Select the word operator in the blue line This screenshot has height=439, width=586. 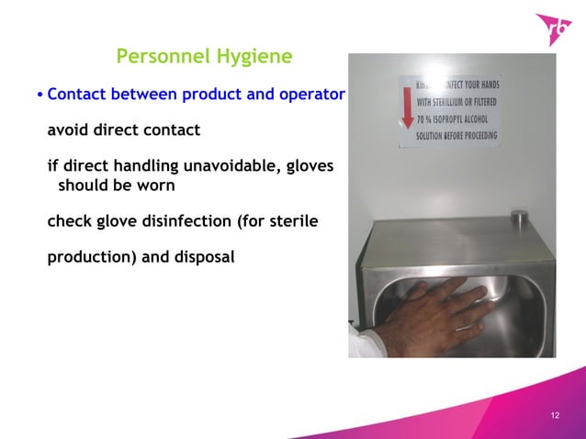point(310,94)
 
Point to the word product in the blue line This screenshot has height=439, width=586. point(213,94)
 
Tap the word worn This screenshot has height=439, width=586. point(157,185)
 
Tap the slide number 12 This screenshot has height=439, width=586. point(554,417)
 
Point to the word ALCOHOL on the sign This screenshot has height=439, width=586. point(477,118)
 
